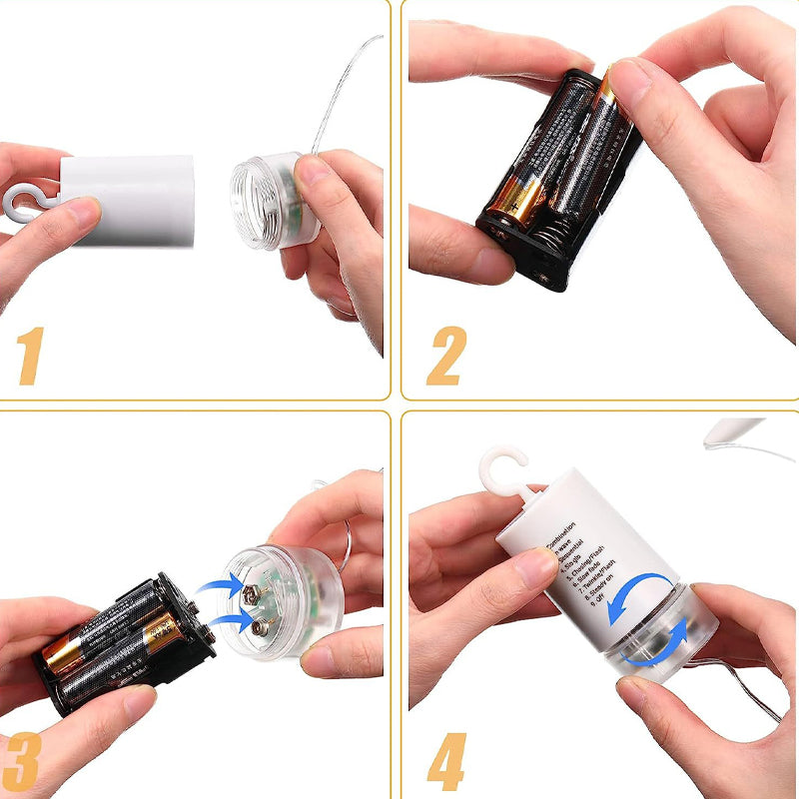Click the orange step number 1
[31, 356]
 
